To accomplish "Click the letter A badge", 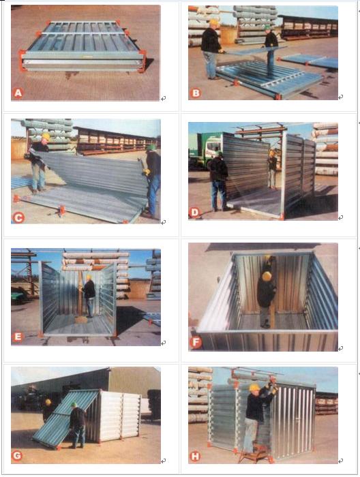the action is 18,93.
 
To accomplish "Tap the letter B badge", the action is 196,93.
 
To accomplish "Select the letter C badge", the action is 18,217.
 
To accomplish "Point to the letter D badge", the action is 195,213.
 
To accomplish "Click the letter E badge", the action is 17,337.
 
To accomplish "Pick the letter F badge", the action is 196,343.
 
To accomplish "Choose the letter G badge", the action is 17,455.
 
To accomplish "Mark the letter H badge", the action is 195,457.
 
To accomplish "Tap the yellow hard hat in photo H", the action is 254,387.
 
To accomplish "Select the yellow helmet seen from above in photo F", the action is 267,276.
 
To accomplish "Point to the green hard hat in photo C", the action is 151,147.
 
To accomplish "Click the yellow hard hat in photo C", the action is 46,136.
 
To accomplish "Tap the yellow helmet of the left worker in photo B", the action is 214,22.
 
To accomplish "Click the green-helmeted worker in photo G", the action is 77,425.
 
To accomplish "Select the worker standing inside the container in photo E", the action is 89,296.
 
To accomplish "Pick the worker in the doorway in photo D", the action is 272,168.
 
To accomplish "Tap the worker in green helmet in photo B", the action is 270,50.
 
